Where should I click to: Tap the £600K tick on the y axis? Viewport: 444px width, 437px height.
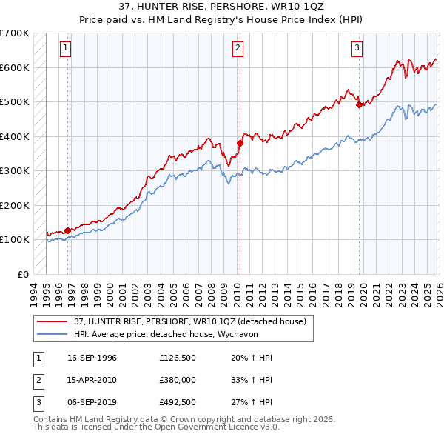(15, 67)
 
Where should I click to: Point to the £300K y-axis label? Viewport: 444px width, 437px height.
(15, 170)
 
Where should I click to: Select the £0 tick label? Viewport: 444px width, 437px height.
(22, 274)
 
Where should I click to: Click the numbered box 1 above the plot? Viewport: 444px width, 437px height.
(66, 49)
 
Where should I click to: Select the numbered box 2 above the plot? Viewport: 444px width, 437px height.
(238, 49)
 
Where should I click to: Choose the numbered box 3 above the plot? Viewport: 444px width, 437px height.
(357, 49)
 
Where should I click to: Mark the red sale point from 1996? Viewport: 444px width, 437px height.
(67, 230)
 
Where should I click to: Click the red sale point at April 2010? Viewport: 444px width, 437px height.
(240, 143)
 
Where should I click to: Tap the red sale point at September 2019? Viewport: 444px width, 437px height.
(359, 104)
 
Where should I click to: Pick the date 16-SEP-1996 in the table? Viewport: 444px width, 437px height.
(92, 358)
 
